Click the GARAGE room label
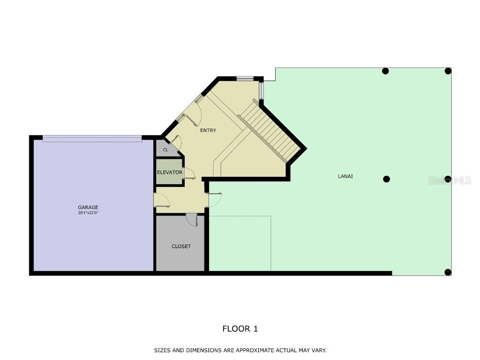88,207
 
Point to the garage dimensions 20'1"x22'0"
88,213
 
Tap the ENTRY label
208,130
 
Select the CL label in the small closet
165,150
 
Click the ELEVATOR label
170,172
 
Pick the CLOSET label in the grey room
181,246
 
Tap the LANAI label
345,176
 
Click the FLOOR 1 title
240,329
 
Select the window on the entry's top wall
245,78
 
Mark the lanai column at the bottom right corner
448,272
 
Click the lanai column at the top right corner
448,71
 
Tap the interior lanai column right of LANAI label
387,179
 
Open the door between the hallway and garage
161,200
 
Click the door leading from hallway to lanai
214,200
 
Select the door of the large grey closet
192,219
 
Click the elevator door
189,173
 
